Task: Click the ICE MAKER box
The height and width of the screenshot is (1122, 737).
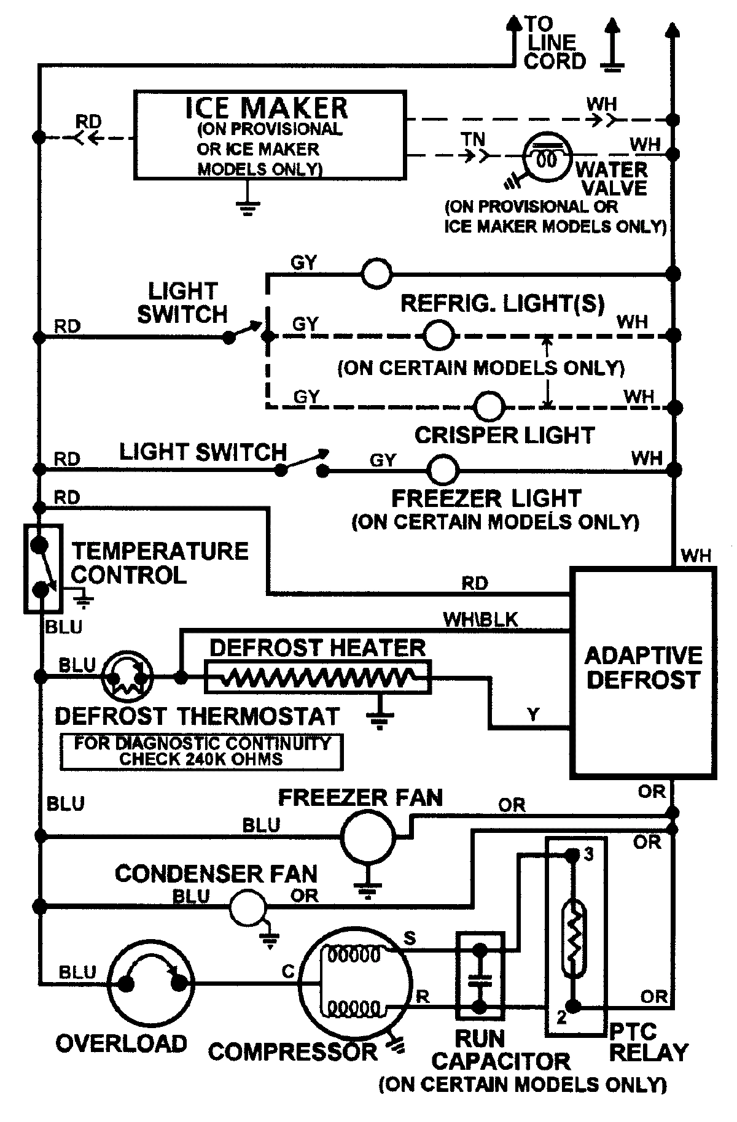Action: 270,135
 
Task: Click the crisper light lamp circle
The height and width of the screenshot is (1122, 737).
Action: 490,406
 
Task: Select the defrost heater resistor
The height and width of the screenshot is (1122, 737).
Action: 318,678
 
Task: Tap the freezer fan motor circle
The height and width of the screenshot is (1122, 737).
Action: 368,837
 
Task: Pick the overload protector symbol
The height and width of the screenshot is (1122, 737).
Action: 150,983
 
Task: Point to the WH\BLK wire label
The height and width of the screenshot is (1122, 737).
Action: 480,620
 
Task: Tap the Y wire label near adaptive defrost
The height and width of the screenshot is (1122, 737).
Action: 533,714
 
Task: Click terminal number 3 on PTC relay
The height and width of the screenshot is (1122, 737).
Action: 588,854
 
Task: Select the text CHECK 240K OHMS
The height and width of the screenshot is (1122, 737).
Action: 201,759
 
